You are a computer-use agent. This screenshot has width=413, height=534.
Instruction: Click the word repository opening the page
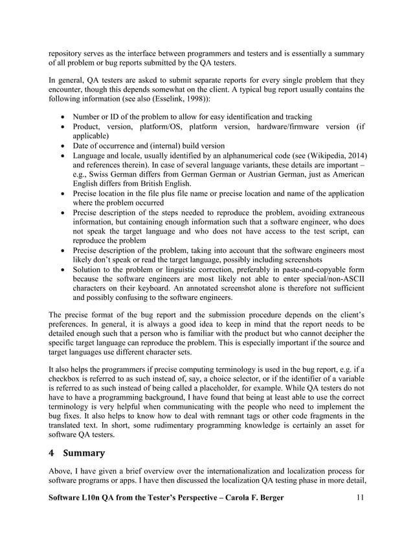pyautogui.click(x=69, y=52)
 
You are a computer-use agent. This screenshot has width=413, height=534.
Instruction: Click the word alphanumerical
pyautogui.click(x=247, y=156)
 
